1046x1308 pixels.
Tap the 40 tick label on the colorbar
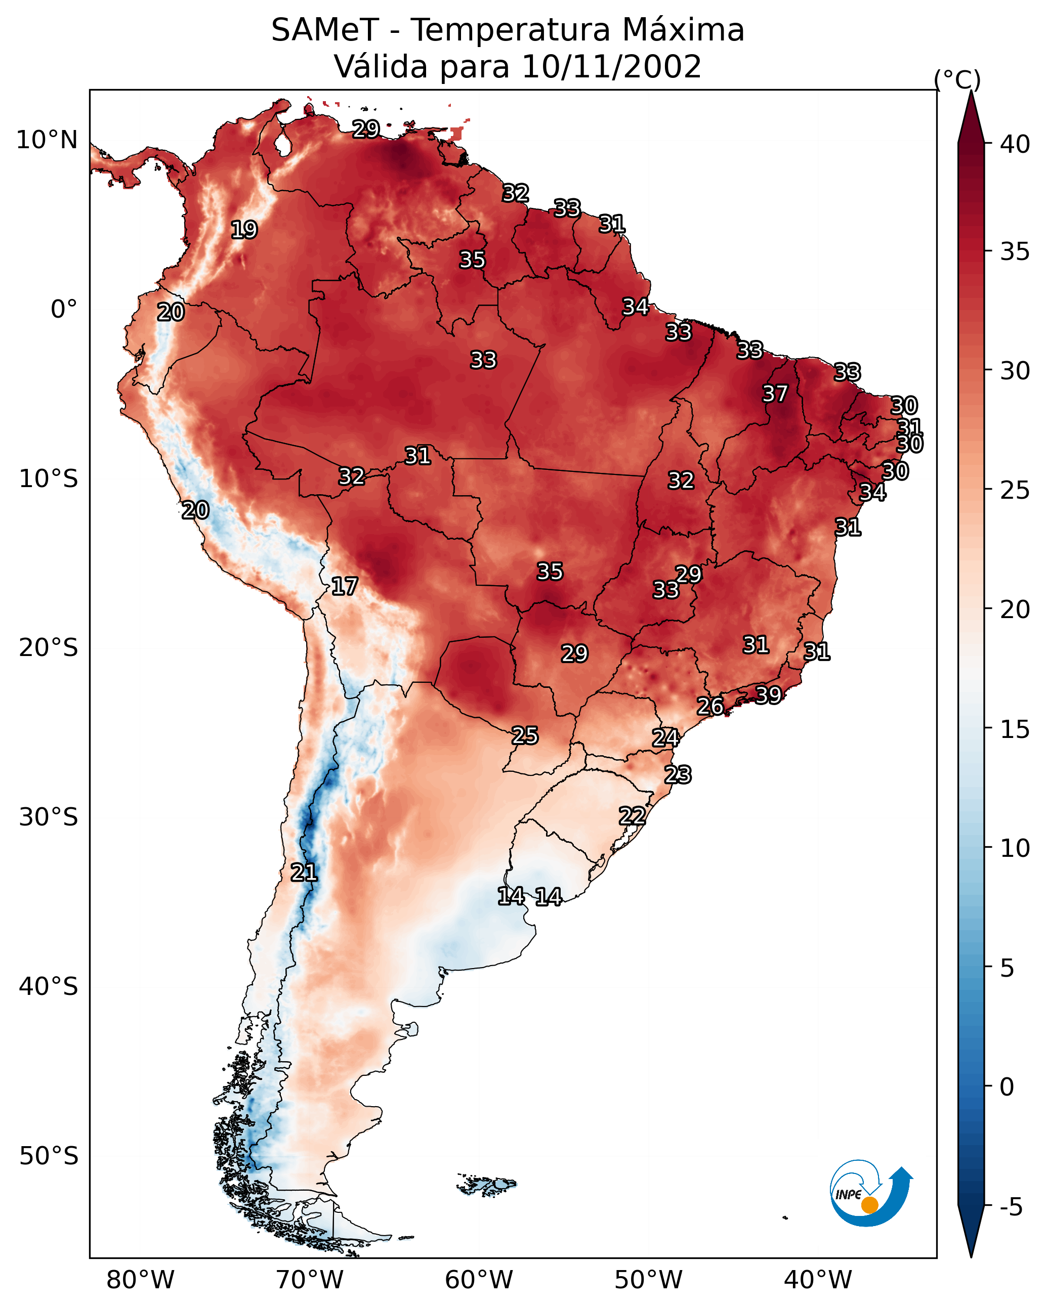1015,144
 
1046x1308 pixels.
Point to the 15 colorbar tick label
1015,729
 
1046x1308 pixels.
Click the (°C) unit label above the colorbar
957,79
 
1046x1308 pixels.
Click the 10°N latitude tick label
47,140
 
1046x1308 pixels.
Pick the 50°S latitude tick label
49,1156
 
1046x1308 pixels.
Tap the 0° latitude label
64,310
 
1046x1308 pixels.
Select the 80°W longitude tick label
140,1280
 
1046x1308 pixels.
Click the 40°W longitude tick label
818,1280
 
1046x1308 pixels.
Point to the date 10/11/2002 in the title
611,67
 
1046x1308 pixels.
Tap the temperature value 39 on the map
768,694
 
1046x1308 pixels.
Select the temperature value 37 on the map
775,394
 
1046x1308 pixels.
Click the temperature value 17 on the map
344,586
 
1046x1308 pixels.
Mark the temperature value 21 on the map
304,873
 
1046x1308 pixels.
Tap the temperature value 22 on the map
632,815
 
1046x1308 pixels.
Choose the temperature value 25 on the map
524,735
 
